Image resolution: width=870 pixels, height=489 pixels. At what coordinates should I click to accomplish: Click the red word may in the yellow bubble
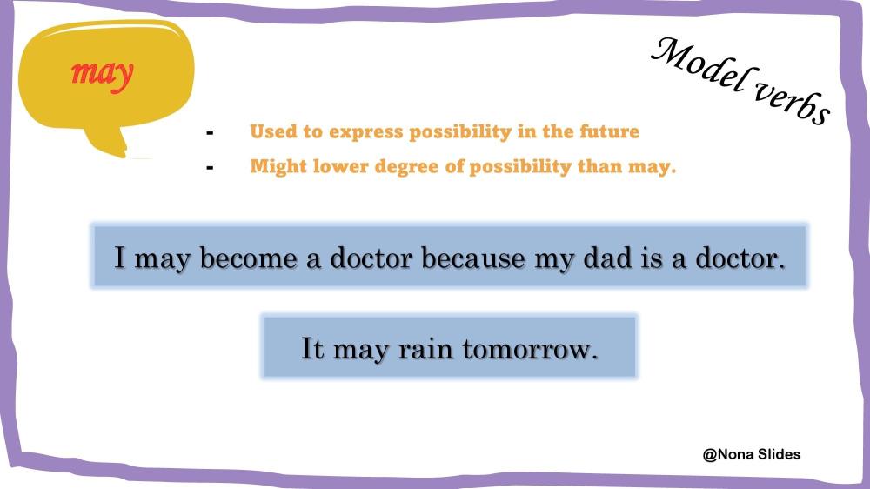(103, 73)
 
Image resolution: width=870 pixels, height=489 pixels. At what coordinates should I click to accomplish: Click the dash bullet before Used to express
(210, 132)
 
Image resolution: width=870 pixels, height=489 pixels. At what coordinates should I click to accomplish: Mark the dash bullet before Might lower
(210, 167)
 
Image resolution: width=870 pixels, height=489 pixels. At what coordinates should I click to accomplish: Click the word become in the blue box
(248, 258)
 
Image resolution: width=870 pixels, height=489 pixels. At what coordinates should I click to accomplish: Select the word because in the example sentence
(472, 258)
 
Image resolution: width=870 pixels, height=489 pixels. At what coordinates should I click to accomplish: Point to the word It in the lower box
(311, 349)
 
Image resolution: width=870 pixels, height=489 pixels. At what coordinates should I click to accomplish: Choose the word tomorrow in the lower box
(530, 349)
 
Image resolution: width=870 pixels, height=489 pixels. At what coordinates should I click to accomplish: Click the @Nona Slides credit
(752, 454)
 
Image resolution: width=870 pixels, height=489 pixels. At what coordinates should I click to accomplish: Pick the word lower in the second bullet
(341, 166)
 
